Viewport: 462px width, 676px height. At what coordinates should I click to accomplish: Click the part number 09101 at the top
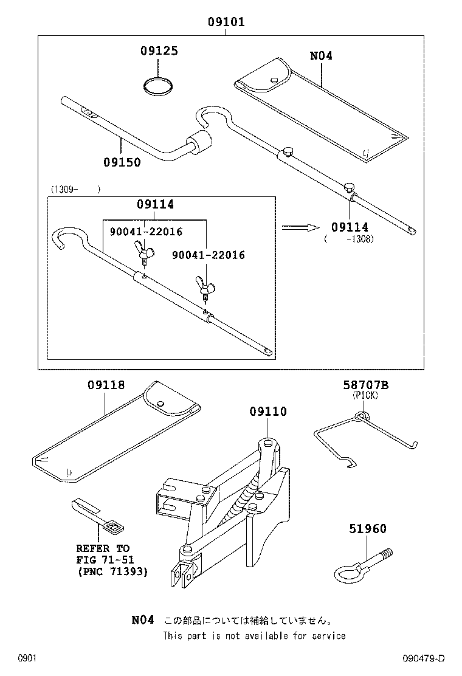[x=226, y=22]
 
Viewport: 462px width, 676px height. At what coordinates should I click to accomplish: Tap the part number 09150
[x=122, y=162]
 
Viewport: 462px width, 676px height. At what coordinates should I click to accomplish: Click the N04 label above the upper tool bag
[x=321, y=56]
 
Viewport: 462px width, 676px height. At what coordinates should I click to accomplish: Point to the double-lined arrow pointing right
[x=300, y=227]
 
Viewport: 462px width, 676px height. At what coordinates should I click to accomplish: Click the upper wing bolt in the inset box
[x=145, y=250]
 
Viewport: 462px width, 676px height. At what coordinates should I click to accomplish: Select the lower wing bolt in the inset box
[x=203, y=285]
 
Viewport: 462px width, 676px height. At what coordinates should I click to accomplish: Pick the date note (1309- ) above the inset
[x=75, y=189]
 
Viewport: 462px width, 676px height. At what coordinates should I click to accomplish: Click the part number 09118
[x=106, y=385]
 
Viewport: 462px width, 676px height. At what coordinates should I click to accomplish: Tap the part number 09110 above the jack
[x=267, y=412]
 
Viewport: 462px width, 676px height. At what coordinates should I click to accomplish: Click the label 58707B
[x=365, y=385]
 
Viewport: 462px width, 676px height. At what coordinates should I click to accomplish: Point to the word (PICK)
[x=365, y=395]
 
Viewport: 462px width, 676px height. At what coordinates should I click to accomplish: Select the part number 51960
[x=367, y=529]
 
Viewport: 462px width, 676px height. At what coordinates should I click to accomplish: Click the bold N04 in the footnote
[x=143, y=620]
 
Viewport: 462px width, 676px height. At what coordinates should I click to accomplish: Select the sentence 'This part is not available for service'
[x=254, y=636]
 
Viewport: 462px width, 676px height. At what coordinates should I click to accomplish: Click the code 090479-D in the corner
[x=424, y=659]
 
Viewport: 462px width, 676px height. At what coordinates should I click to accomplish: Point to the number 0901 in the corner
[x=28, y=659]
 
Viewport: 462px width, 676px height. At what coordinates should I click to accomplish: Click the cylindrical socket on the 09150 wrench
[x=201, y=143]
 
